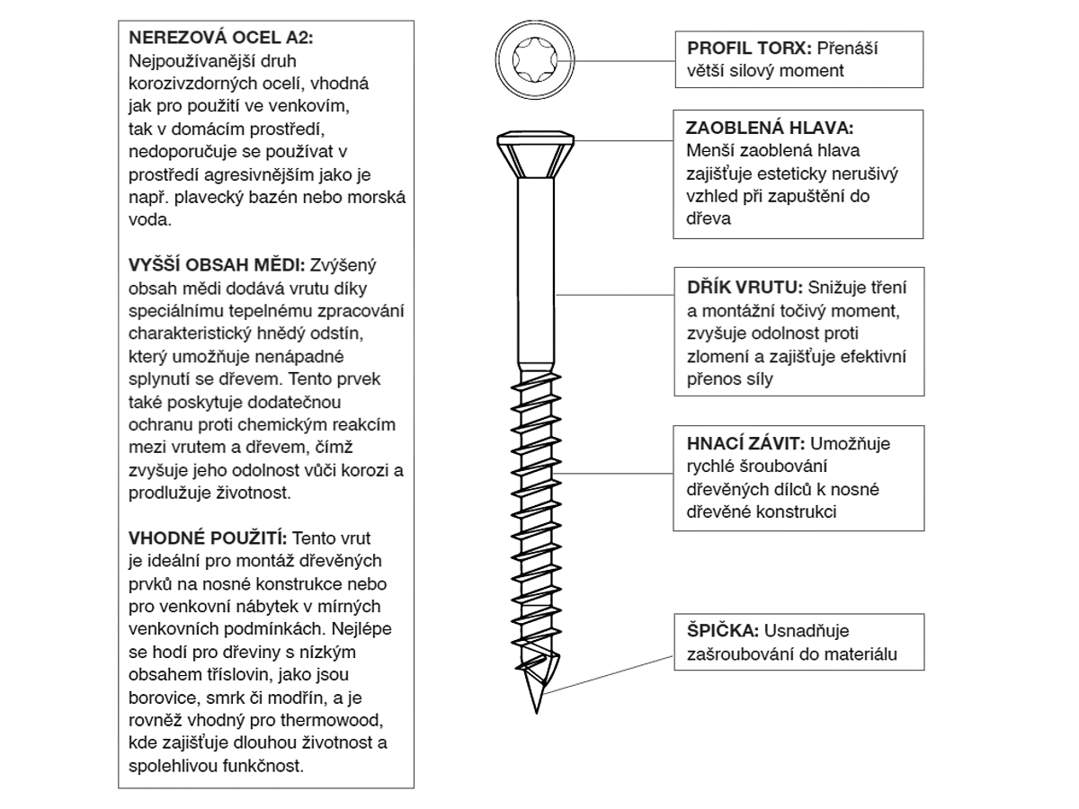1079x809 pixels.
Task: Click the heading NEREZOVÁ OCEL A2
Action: (x=221, y=39)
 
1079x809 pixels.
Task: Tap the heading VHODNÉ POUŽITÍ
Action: (x=208, y=538)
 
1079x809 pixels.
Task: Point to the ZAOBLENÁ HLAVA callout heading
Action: (x=769, y=127)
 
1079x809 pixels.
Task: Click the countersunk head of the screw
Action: (x=537, y=154)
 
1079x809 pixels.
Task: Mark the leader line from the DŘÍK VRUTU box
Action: (x=616, y=295)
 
